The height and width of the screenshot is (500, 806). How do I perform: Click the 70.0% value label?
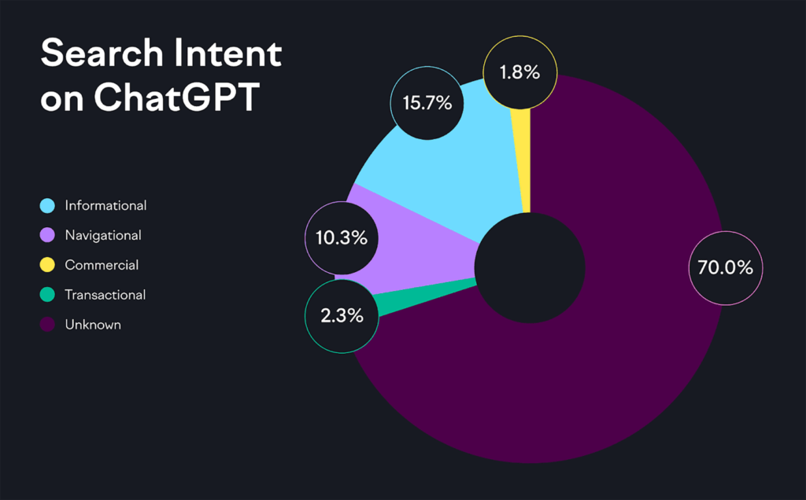(725, 267)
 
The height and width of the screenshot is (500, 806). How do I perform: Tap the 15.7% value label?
(427, 102)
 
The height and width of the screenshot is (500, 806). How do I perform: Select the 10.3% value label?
(341, 237)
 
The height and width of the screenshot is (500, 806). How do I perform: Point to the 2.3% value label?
(341, 316)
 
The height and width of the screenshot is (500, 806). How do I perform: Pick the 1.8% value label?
(519, 72)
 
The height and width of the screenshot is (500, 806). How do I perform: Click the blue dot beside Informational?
(47, 206)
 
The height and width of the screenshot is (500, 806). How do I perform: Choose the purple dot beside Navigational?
(47, 235)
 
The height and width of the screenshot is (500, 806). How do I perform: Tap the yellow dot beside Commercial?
(47, 265)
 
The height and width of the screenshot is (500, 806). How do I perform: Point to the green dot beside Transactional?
(47, 295)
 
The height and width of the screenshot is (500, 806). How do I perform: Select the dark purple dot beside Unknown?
(47, 324)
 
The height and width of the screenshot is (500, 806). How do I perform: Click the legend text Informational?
(105, 206)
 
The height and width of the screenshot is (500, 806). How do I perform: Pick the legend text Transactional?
(105, 295)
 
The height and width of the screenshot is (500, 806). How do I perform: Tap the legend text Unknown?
(93, 324)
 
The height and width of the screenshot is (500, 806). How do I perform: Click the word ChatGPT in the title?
(176, 98)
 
